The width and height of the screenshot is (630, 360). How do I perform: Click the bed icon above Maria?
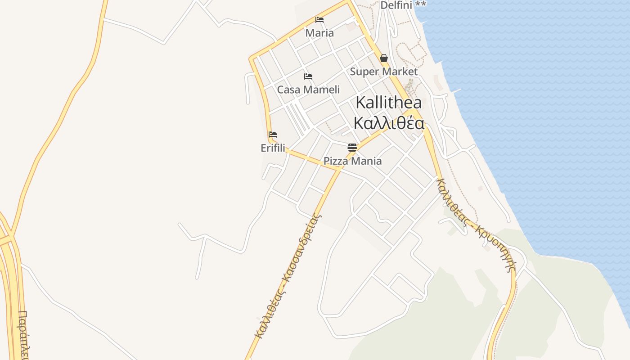pos(319,20)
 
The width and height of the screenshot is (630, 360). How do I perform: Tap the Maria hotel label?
pos(319,33)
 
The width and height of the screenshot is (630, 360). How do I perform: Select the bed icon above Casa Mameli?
pos(308,76)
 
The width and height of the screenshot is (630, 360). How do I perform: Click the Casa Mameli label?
pos(308,90)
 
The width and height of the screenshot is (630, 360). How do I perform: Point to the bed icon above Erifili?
pos(273,135)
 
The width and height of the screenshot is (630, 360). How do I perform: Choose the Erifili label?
pos(273,148)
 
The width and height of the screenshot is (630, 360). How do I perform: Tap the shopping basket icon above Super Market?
pos(384,58)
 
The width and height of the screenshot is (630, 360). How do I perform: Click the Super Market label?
pos(384,72)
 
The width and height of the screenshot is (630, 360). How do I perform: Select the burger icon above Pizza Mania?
pos(352,147)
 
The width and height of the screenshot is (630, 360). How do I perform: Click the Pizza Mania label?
pos(352,161)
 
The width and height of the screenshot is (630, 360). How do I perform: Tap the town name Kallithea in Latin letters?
pos(389,103)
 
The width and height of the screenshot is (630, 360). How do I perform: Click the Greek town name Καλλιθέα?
pos(389,123)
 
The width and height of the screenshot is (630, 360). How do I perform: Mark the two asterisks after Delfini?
pos(421,4)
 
